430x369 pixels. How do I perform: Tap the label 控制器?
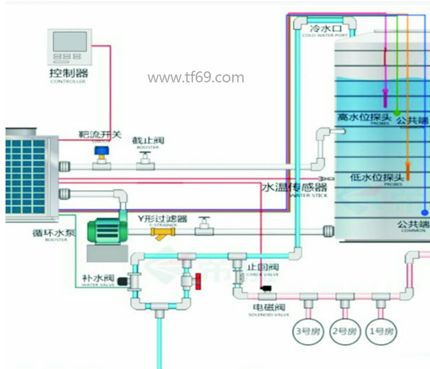click(x=69, y=74)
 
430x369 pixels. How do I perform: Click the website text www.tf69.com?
click(x=196, y=77)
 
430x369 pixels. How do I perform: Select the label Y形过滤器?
click(x=162, y=219)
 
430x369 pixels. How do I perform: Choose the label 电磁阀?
click(x=268, y=306)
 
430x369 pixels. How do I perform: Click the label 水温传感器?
click(x=295, y=188)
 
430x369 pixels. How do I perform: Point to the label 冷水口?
click(x=324, y=29)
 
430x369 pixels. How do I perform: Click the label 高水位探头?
click(x=364, y=116)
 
